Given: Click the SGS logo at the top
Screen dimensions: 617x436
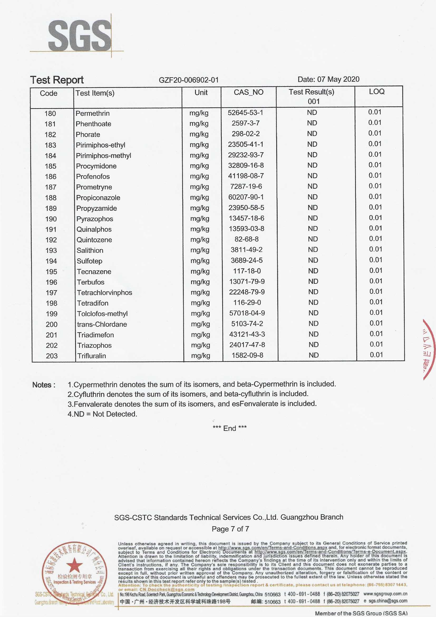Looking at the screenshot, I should click(79, 36).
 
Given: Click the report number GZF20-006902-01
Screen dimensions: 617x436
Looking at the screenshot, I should click(189, 80).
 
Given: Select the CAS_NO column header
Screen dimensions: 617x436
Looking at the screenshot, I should click(248, 92).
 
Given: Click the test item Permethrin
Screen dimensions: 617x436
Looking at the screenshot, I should click(93, 113).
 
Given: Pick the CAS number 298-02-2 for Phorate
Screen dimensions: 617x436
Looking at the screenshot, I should click(245, 134).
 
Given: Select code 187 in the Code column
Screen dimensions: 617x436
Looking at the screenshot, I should click(50, 187).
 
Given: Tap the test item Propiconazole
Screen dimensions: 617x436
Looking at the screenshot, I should click(98, 198).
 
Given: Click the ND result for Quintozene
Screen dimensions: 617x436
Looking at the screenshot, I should click(313, 239).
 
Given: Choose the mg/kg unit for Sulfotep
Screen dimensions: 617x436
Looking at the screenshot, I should click(200, 261).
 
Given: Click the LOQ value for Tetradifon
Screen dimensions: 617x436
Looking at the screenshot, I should click(376, 302).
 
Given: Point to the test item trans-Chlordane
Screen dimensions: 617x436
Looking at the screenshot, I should click(102, 324).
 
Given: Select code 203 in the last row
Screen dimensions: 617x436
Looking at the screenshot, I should click(52, 356).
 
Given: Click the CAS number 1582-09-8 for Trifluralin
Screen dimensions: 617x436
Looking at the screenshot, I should click(247, 355).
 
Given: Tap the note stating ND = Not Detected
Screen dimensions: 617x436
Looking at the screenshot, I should click(102, 414).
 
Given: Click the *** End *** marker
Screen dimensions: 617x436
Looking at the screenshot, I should click(230, 428).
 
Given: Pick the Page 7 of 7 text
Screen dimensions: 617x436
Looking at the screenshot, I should click(230, 529).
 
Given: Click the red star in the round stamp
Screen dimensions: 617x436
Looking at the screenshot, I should click(74, 565).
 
